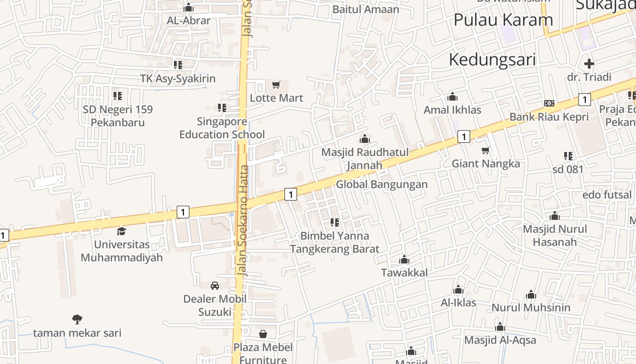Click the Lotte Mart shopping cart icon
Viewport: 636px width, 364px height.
coord(276,85)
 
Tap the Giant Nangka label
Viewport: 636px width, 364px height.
coord(486,163)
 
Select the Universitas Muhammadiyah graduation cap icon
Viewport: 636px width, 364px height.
coord(121,231)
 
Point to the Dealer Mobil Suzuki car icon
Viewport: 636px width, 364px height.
coord(215,285)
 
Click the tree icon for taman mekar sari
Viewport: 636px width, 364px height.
coord(77,319)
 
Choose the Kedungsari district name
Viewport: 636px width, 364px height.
coord(492,60)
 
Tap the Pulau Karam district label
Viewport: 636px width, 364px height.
coord(503,20)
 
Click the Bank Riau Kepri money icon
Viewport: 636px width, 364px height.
coord(549,103)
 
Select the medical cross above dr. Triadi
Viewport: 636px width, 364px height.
coord(589,64)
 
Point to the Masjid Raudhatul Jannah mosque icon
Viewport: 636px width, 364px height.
coord(364,139)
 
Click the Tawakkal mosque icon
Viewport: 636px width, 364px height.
coord(404,260)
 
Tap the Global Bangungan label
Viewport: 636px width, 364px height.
coord(382,184)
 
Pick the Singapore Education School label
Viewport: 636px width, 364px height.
coord(222,128)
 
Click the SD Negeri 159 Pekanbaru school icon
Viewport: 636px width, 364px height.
coord(118,96)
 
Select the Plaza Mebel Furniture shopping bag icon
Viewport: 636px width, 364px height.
coord(263,334)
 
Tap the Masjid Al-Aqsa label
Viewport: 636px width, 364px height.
coord(500,340)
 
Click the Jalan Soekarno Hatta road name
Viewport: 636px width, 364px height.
coord(243,221)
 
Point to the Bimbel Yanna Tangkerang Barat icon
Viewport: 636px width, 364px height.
coord(335,222)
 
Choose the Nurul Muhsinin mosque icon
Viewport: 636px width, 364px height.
coord(531,295)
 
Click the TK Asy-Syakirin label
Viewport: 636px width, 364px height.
coord(178,78)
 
